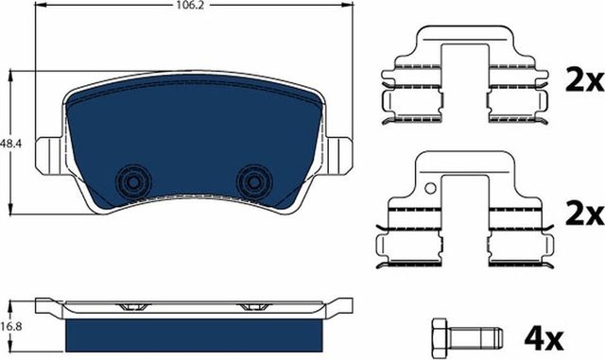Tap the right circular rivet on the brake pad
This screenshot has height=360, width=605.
point(252,180)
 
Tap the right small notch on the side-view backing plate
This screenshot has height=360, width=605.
point(252,307)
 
